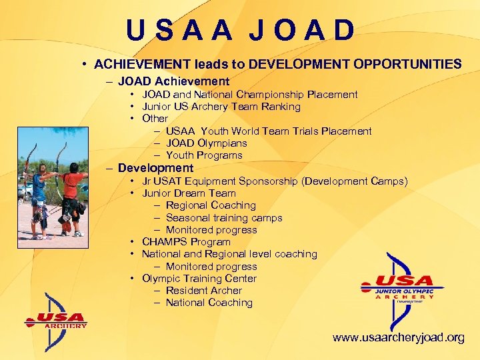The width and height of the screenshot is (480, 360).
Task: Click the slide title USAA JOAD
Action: pyautogui.click(x=240, y=30)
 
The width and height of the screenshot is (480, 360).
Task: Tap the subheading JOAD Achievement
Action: pyautogui.click(x=173, y=81)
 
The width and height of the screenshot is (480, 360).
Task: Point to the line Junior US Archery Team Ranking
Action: pyautogui.click(x=221, y=107)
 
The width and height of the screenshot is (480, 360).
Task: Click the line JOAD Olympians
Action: pyautogui.click(x=206, y=143)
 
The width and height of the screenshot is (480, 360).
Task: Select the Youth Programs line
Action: pyautogui.click(x=204, y=155)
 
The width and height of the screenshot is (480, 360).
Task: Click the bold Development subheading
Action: pyautogui.click(x=155, y=169)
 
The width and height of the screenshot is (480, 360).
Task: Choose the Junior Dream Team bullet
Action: pyautogui.click(x=189, y=193)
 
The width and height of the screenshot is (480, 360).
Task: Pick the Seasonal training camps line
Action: pyautogui.click(x=224, y=218)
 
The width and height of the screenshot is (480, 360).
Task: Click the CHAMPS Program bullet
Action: pyautogui.click(x=186, y=242)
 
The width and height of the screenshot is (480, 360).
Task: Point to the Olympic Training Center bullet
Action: pyautogui.click(x=199, y=279)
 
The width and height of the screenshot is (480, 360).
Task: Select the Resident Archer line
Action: pyautogui.click(x=203, y=291)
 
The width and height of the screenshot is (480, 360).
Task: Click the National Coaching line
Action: pyautogui.click(x=209, y=303)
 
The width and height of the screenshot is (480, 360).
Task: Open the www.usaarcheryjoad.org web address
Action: pyautogui.click(x=399, y=338)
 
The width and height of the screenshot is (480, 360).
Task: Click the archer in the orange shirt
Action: pyautogui.click(x=73, y=193)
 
